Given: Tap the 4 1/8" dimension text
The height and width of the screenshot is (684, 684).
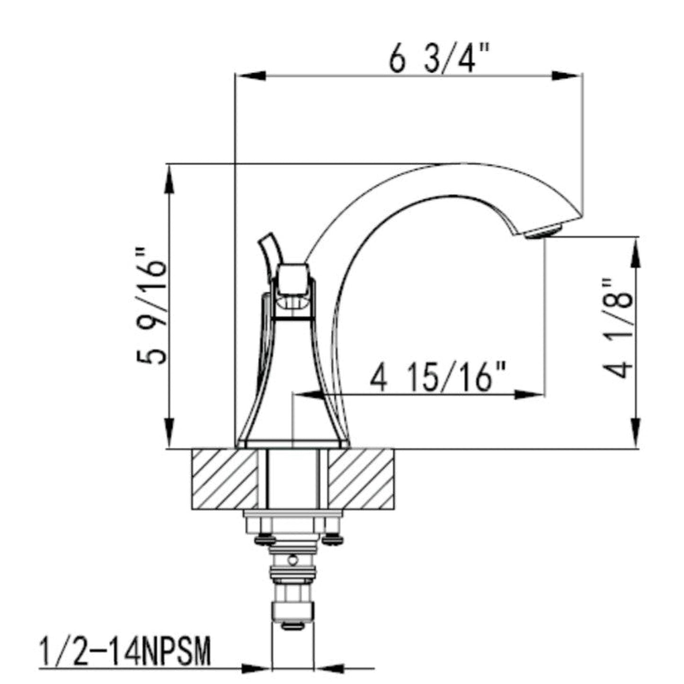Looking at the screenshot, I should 618,328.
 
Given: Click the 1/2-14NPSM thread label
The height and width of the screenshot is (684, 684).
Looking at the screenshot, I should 124,652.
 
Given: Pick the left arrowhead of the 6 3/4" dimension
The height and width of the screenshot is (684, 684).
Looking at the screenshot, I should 251,76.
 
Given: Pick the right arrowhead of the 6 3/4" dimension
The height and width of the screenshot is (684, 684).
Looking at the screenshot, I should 566,76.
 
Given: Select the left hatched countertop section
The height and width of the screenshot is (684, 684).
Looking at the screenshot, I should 225,479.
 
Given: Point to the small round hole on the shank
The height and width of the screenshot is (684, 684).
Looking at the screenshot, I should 293,561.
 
